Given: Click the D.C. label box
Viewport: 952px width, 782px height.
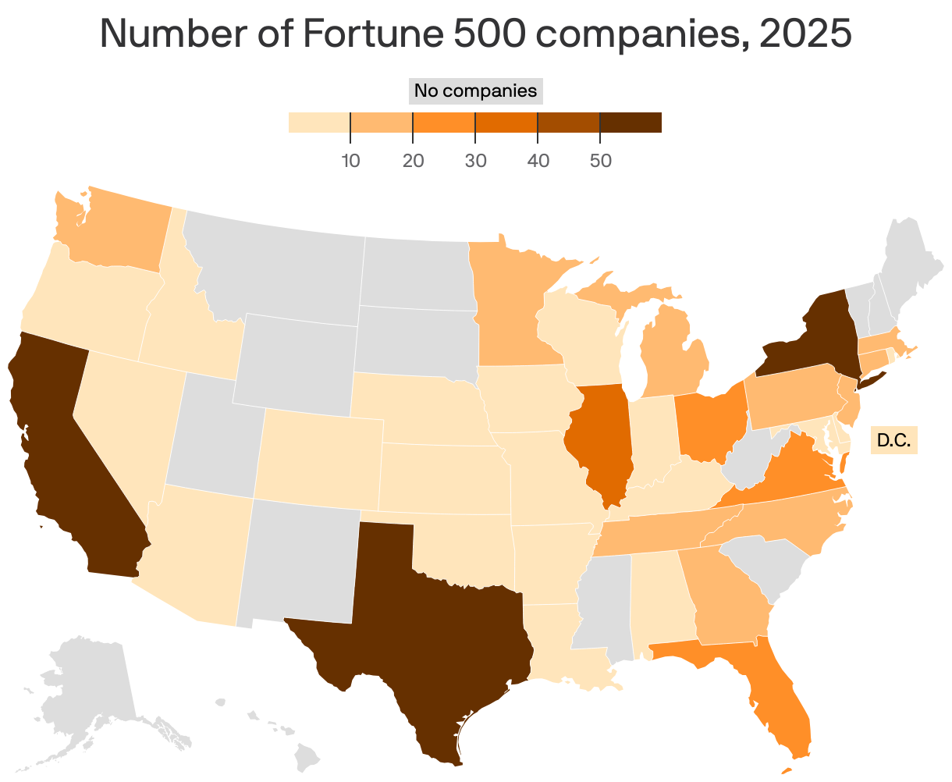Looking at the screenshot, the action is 893,440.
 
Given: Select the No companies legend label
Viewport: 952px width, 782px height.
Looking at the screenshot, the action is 475,91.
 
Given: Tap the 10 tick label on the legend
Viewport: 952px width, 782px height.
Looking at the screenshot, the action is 350,162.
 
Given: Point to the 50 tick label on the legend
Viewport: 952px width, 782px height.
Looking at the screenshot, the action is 600,162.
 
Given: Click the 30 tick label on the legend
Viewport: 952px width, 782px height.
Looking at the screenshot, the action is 475,162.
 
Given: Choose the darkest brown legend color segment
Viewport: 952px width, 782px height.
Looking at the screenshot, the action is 631,123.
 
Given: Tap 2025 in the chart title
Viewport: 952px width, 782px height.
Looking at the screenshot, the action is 805,34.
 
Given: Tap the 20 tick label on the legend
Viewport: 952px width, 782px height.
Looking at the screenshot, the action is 413,162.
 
